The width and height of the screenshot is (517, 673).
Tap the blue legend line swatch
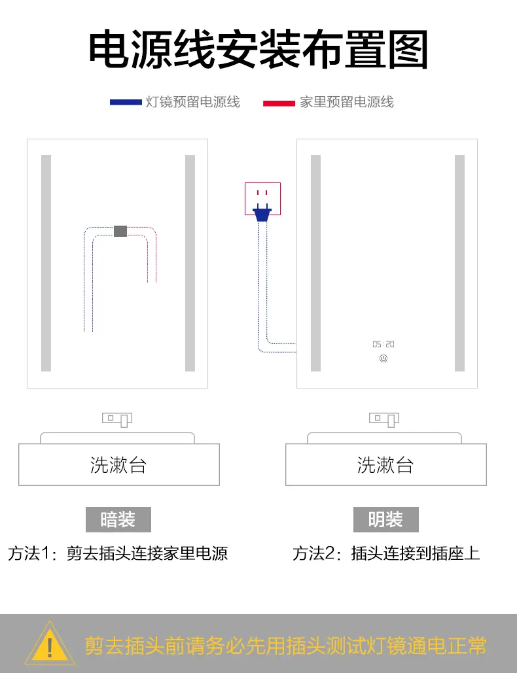tap(126, 102)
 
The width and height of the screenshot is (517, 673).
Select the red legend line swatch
tap(279, 103)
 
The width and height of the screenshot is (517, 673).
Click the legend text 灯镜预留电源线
tap(192, 102)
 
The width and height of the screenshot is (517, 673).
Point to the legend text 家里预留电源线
tap(347, 102)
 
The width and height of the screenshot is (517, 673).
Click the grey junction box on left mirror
tap(120, 230)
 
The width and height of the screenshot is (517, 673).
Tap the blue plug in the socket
tap(262, 213)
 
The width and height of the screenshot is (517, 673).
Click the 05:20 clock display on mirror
tap(383, 344)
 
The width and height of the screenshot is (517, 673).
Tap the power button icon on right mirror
tap(383, 358)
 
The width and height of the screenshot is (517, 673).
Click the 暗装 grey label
tap(118, 519)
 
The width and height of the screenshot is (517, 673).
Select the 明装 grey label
tap(385, 519)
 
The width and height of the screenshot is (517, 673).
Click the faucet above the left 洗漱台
tap(118, 419)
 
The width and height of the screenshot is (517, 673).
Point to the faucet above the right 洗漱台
tap(385, 419)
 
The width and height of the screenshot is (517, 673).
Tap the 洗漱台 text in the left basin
tap(118, 465)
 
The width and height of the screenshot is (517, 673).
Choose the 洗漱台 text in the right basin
tap(385, 465)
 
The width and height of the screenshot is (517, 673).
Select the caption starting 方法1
tap(118, 553)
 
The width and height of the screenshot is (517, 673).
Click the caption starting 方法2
tap(386, 553)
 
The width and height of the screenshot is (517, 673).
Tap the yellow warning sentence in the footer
tap(285, 646)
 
